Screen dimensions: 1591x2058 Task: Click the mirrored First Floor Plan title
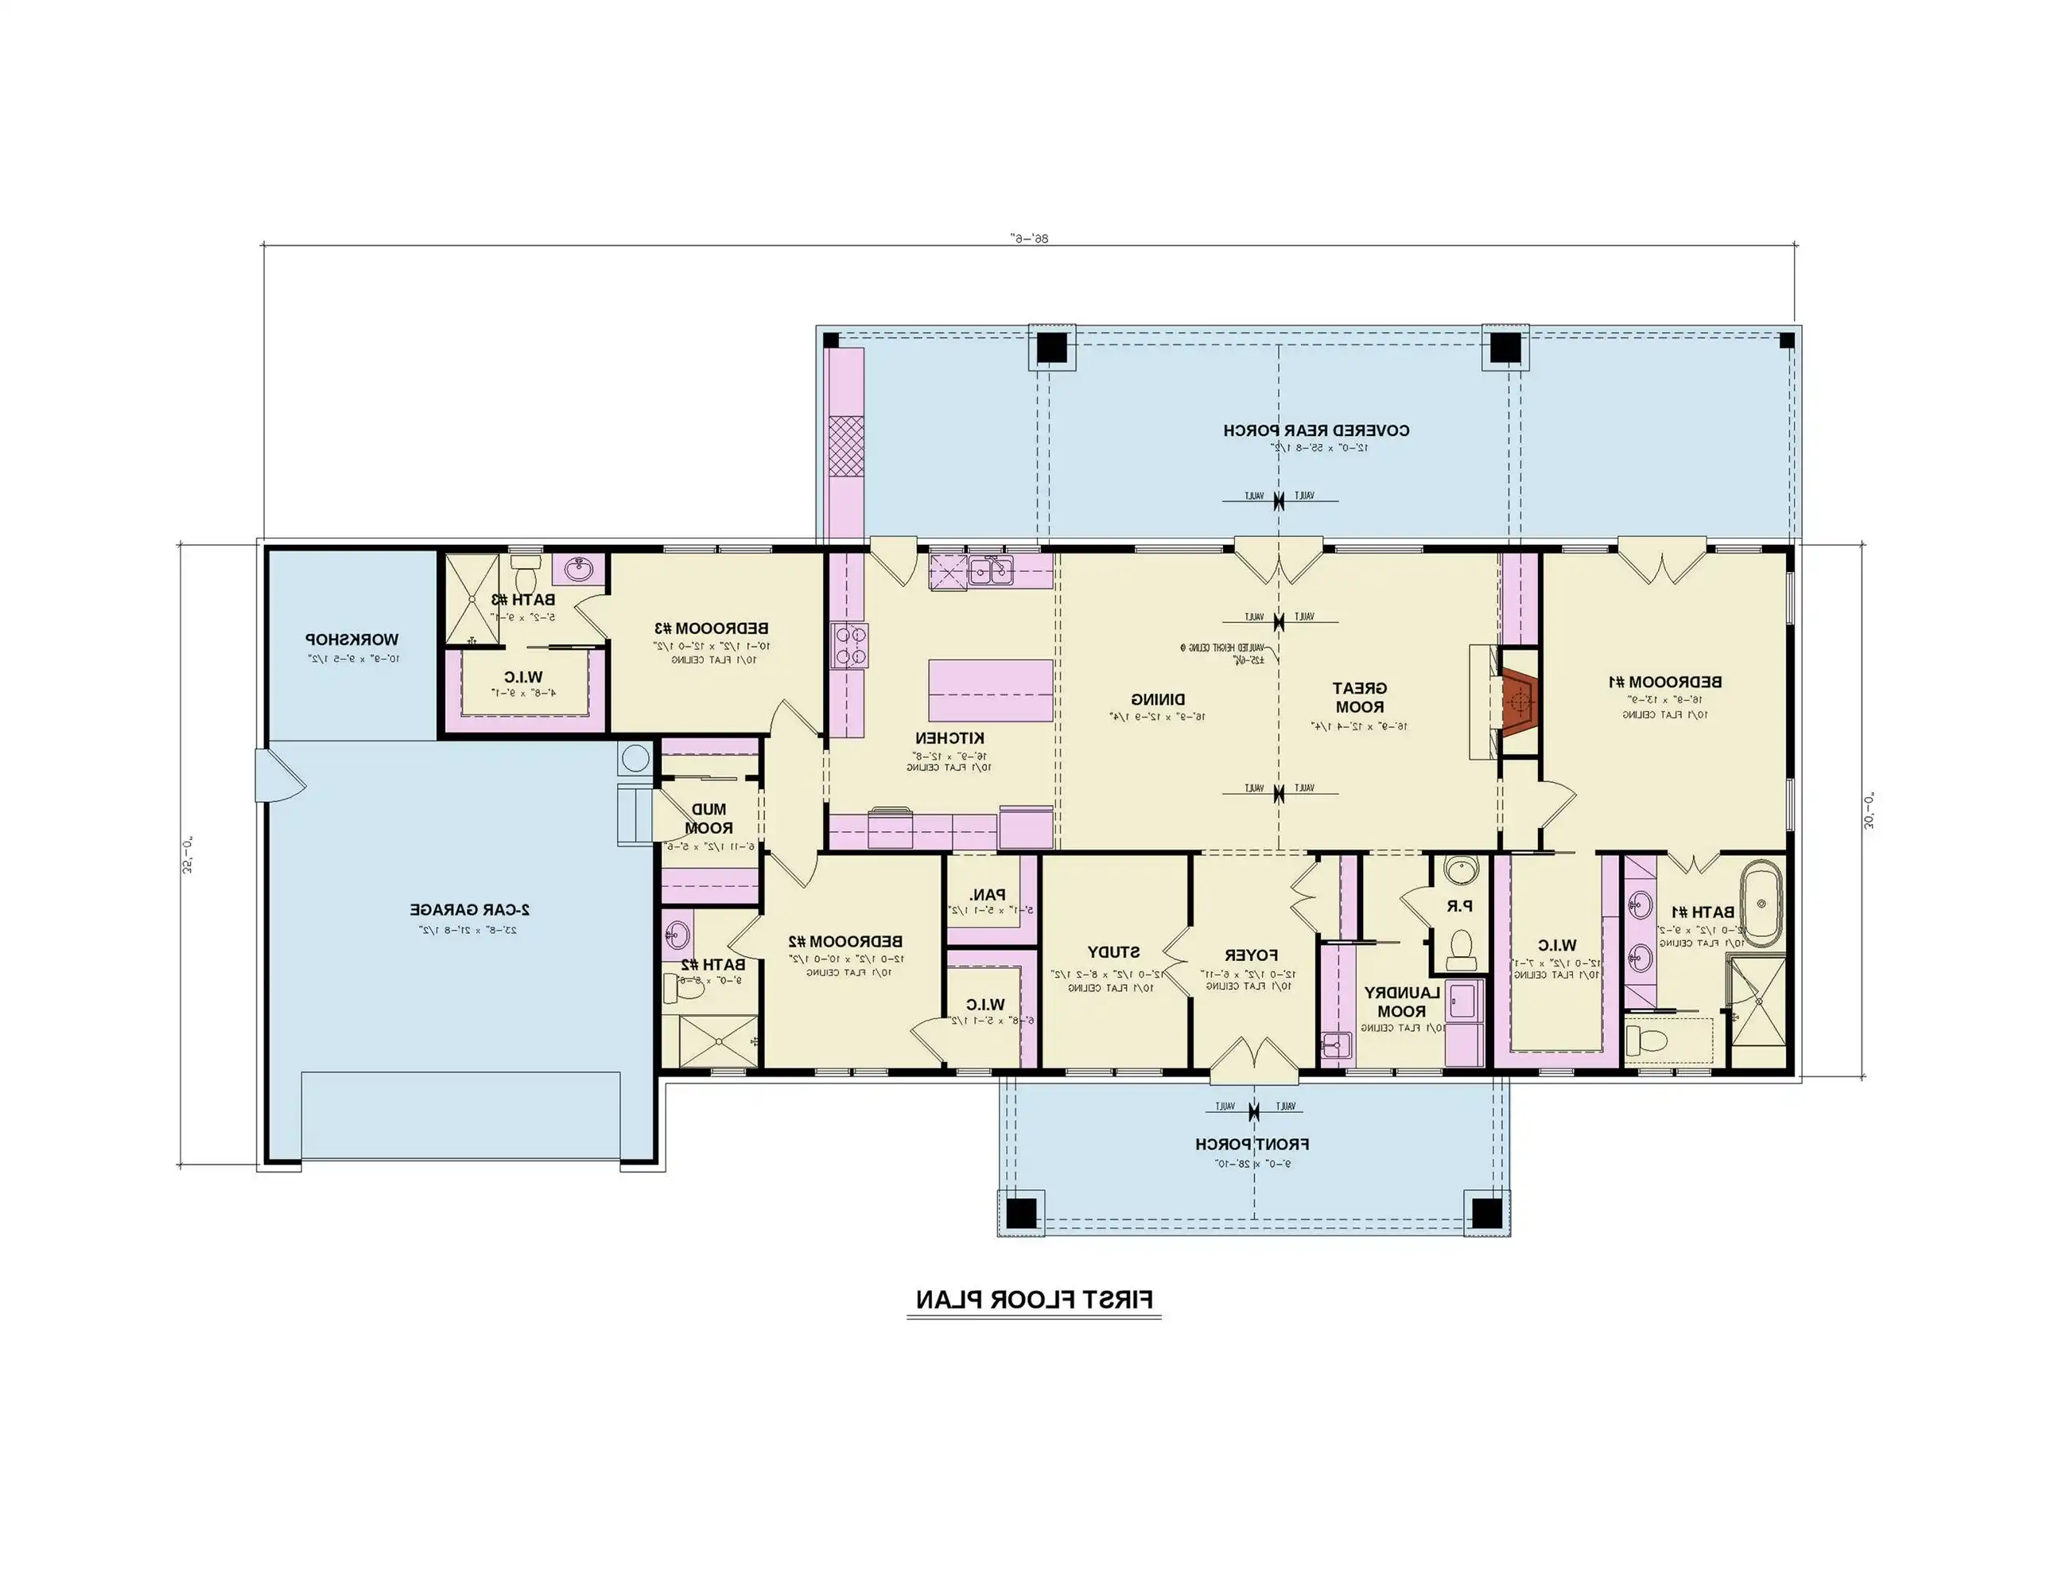coord(1034,1301)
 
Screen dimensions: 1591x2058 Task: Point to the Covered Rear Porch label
coord(1316,430)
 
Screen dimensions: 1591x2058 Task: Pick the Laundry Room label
coord(1401,1002)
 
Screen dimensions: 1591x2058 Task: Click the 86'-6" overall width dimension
coord(1029,239)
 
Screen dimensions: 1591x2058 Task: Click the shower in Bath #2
coord(718,1041)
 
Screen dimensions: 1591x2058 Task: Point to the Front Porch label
coord(1252,1144)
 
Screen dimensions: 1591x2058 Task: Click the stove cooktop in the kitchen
coord(849,647)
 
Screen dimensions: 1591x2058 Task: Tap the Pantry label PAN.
coord(988,896)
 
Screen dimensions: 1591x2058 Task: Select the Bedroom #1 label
coord(1664,682)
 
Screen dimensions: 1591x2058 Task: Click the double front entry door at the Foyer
coord(1253,1063)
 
